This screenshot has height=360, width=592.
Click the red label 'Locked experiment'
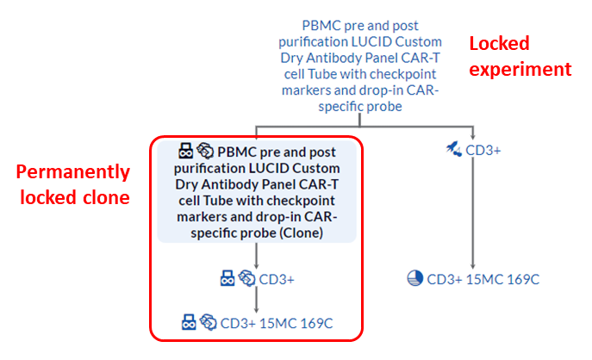click(x=520, y=55)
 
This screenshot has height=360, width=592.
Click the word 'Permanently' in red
click(x=73, y=172)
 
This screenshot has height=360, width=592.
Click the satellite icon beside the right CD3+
click(x=453, y=150)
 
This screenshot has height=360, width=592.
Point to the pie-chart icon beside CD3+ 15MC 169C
click(x=414, y=278)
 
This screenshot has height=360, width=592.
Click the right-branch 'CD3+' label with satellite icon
click(x=484, y=151)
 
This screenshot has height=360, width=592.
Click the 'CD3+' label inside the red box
click(x=277, y=278)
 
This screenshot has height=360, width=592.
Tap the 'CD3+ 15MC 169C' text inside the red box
click(x=277, y=323)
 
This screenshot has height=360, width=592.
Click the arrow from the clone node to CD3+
click(x=258, y=255)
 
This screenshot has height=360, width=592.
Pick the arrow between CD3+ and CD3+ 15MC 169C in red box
click(x=258, y=301)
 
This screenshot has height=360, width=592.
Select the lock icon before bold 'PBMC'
click(x=185, y=150)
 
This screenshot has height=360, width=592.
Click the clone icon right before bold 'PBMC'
click(x=205, y=150)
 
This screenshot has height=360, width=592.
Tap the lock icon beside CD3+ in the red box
click(x=227, y=278)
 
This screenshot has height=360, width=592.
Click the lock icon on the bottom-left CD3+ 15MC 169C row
click(x=189, y=323)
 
